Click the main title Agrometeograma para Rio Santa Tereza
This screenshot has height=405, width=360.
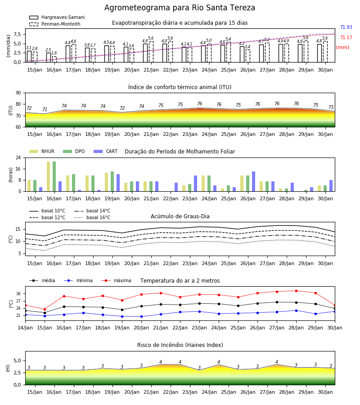click(180, 8)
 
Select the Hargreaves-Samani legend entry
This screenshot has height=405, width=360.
click(57, 17)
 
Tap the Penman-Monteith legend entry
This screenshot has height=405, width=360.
click(55, 24)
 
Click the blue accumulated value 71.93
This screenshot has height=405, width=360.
click(346, 27)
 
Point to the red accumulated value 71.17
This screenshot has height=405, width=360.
click(346, 37)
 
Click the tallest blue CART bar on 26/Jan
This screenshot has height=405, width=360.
click(254, 181)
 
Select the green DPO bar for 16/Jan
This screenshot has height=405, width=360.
click(54, 176)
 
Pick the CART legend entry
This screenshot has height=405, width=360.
click(106, 151)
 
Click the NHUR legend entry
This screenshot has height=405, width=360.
click(42, 151)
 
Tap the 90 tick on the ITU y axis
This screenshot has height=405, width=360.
click(18, 93)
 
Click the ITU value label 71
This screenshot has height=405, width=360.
click(45, 109)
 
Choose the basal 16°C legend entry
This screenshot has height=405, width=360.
click(92, 217)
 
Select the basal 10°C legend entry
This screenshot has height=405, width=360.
click(47, 211)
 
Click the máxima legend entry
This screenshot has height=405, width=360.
click(116, 280)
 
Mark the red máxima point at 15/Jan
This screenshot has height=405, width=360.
click(45, 309)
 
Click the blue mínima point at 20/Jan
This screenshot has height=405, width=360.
click(141, 316)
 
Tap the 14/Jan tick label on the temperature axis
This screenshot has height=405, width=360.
click(25, 328)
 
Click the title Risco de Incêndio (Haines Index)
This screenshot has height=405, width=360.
click(180, 345)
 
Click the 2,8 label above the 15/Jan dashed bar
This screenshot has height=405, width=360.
click(35, 49)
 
